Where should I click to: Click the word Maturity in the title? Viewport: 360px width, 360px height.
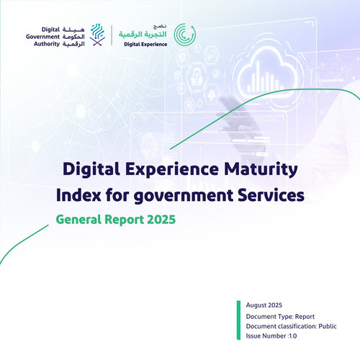coord(261,170)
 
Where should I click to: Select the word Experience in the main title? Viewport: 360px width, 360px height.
coord(171,170)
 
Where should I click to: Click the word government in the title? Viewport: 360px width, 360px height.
coord(184,197)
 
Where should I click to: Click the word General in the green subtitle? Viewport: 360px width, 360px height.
coord(78,220)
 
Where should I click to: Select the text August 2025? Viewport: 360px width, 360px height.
coord(264,305)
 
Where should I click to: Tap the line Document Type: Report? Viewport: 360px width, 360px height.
coord(280,317)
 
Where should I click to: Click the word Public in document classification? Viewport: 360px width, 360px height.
coord(328,326)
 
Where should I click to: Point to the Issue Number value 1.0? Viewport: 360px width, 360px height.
coord(292,336)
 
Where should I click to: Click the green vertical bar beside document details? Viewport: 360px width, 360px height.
coord(238,320)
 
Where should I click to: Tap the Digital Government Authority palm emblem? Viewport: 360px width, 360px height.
coord(97,35)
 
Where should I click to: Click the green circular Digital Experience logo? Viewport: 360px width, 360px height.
coord(185,35)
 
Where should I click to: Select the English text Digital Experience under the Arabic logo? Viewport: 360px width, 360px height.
coord(145,45)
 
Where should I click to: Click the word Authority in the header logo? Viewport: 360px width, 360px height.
coord(47,44)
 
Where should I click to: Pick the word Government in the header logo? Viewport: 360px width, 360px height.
coord(42,37)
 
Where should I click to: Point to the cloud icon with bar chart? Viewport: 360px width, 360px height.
coord(266,73)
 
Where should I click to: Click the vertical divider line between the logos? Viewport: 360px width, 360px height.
coord(112,35)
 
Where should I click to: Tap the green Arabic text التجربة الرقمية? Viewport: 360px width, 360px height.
coord(143,35)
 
